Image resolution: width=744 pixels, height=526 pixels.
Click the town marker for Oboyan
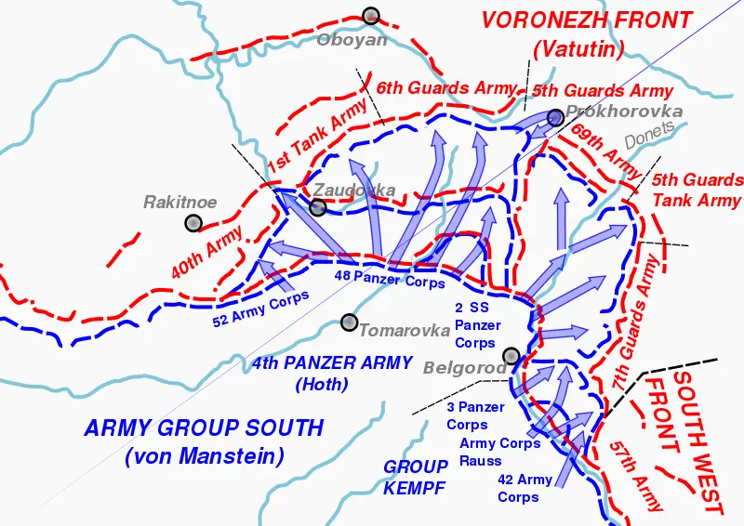pyautogui.click(x=371, y=15)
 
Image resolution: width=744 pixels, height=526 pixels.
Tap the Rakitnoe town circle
pyautogui.click(x=193, y=222)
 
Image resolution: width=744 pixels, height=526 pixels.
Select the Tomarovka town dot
pyautogui.click(x=349, y=322)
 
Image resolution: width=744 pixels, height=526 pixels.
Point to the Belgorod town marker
pyautogui.click(x=511, y=355)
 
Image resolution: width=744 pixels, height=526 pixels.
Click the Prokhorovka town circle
pyautogui.click(x=555, y=117)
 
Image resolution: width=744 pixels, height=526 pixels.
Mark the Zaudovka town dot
pyautogui.click(x=317, y=207)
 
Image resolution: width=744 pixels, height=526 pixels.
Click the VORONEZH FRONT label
pyautogui.click(x=586, y=20)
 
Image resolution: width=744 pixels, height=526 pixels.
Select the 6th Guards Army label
pyautogui.click(x=446, y=88)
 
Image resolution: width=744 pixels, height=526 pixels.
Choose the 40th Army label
pyautogui.click(x=207, y=251)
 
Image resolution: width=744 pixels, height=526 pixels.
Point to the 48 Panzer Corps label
pyautogui.click(x=390, y=278)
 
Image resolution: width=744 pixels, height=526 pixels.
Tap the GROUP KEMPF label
pyautogui.click(x=415, y=478)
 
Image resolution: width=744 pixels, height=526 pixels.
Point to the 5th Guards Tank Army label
pyautogui.click(x=697, y=190)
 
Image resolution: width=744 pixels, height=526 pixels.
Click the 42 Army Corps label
pyautogui.click(x=525, y=488)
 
